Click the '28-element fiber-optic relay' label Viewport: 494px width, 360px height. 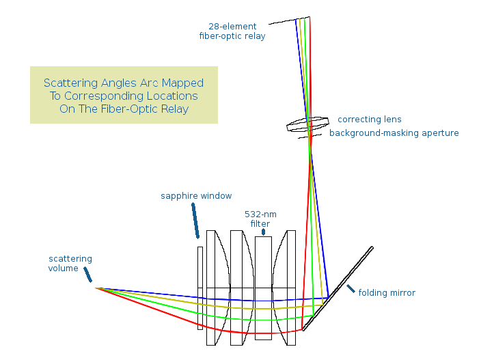click(232, 31)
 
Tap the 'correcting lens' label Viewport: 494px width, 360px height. click(370, 120)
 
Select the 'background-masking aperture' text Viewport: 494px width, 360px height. click(394, 133)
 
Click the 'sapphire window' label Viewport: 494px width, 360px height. click(196, 196)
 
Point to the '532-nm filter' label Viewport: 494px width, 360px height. click(260, 219)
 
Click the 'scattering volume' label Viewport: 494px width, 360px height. click(70, 264)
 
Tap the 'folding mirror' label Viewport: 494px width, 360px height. click(387, 293)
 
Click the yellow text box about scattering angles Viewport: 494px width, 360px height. click(124, 95)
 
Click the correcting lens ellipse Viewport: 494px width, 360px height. click(308, 126)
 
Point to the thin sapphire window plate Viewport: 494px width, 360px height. click(200, 288)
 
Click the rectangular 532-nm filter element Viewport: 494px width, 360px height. click(263, 288)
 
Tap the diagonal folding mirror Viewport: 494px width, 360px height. click(338, 287)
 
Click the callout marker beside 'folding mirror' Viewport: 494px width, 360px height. click(351, 290)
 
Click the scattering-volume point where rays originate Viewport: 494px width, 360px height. click(96, 288)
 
